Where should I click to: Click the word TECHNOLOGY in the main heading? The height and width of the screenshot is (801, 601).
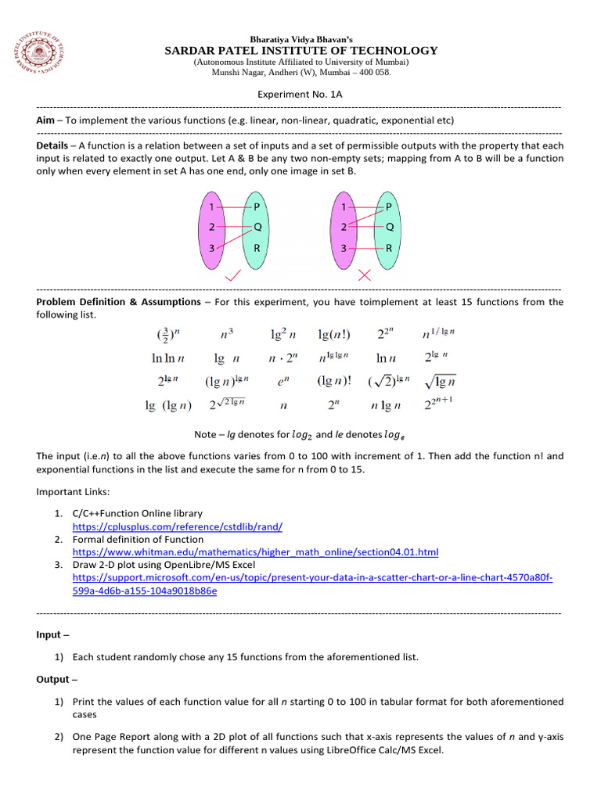[x=387, y=51]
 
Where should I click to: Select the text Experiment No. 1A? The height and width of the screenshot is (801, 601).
[x=300, y=93]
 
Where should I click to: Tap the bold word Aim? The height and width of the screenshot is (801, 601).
[x=45, y=120]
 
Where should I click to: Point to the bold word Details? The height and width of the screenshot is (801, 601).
[x=54, y=145]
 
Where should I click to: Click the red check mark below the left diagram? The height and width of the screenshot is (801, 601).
[x=233, y=276]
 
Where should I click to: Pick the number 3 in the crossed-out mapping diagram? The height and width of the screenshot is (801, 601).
[x=343, y=248]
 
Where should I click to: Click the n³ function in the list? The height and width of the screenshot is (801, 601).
[x=227, y=334]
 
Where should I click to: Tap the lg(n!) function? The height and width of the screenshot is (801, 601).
[x=334, y=334]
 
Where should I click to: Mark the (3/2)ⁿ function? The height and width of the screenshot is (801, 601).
[x=168, y=334]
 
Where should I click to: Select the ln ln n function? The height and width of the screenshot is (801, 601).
[x=167, y=359]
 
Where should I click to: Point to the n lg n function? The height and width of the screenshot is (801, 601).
[x=385, y=405]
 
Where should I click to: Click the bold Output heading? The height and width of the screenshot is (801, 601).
[x=54, y=680]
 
